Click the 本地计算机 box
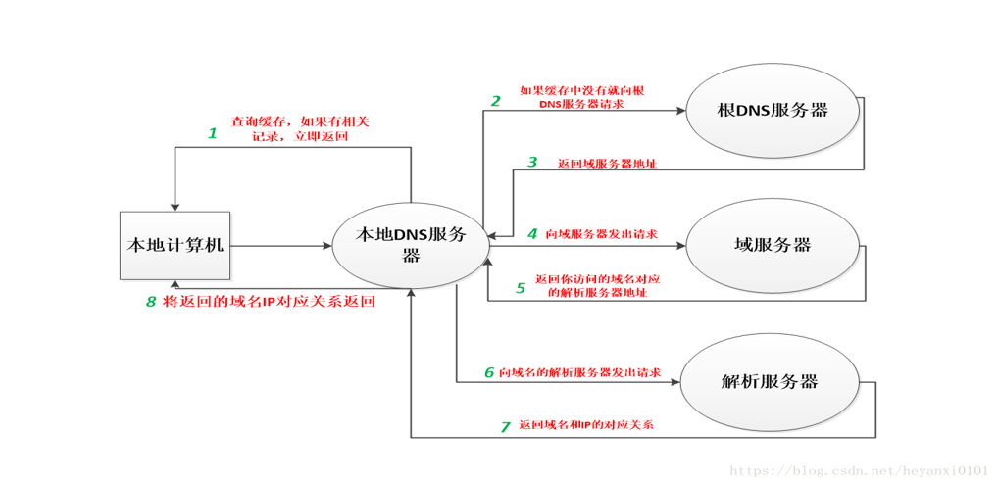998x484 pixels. (x=175, y=246)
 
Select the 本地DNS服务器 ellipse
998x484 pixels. (x=411, y=246)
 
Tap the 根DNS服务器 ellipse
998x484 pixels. (x=773, y=110)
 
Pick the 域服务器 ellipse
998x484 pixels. (x=773, y=246)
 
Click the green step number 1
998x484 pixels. (x=213, y=133)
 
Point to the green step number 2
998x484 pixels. (x=495, y=101)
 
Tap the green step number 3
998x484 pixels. (x=532, y=163)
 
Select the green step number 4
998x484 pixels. (x=532, y=233)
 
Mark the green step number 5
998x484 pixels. (x=521, y=287)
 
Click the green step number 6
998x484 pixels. (x=489, y=372)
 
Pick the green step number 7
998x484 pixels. (x=505, y=427)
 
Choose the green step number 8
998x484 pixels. (x=151, y=302)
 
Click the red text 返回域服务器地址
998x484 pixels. (x=607, y=164)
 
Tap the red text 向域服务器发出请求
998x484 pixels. (x=601, y=234)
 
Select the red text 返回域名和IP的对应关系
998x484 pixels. (x=586, y=425)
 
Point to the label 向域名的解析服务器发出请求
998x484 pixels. (x=579, y=372)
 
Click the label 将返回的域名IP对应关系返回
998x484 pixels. (x=269, y=302)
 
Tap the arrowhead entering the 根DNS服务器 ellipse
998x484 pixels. (x=681, y=111)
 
